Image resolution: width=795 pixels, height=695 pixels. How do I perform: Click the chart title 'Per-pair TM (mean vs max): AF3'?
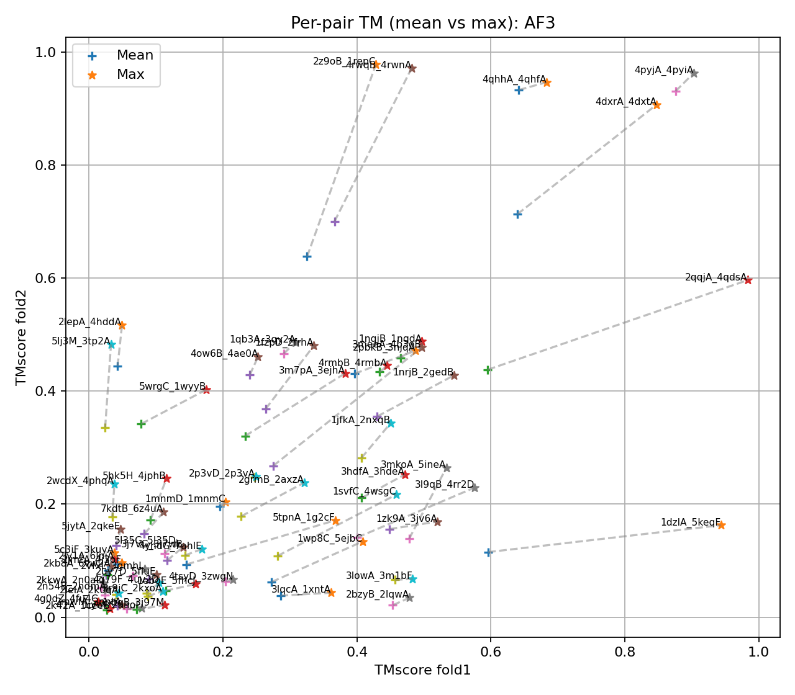[422, 24]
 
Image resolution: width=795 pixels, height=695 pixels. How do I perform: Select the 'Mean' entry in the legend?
[135, 55]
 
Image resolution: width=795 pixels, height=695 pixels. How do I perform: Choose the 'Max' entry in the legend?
[130, 74]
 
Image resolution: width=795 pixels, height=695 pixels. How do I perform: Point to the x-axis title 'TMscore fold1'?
[422, 670]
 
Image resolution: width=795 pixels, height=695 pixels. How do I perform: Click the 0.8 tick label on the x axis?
[624, 652]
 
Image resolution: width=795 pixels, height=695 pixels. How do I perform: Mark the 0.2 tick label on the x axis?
[222, 652]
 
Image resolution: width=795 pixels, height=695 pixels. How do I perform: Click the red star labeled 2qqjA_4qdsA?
[748, 280]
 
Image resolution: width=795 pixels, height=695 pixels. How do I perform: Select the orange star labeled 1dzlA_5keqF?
[721, 525]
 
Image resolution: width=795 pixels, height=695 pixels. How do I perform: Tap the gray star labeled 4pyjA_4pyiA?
[694, 73]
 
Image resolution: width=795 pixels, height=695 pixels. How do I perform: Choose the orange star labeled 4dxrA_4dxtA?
[656, 105]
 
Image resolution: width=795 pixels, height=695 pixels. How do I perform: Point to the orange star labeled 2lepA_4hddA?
[122, 325]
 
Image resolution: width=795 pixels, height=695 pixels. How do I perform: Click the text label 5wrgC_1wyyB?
[172, 387]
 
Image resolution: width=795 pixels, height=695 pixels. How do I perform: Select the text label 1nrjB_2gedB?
[423, 372]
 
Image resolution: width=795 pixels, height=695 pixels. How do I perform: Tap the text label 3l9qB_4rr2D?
[444, 485]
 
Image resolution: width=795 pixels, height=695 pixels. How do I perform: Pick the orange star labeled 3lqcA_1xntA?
[331, 593]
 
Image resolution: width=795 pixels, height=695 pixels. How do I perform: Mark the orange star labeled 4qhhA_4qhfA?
[547, 83]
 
